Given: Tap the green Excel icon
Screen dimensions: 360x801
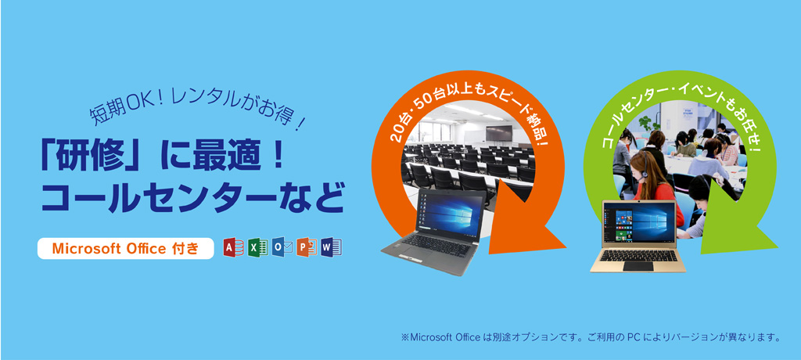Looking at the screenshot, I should click(257, 248).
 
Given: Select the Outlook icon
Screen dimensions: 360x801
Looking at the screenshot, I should click(282, 248).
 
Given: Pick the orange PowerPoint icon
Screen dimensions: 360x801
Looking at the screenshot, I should click(306, 248).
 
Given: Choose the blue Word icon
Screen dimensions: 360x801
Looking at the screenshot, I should click(330, 248).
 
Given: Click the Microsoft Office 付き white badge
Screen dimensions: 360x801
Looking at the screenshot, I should click(125, 249).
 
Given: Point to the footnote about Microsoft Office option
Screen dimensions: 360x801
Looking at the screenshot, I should click(591, 338).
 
